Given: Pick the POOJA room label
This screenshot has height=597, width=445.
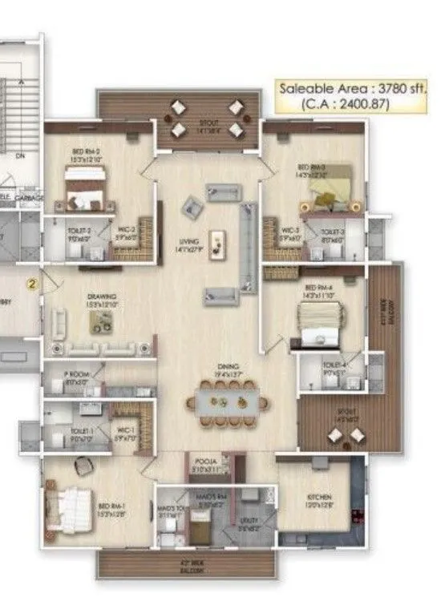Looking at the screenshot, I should click(206, 462).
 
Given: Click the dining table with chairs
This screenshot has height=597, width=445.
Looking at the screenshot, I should click(226, 404).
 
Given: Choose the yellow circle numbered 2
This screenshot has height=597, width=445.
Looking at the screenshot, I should click(32, 283).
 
